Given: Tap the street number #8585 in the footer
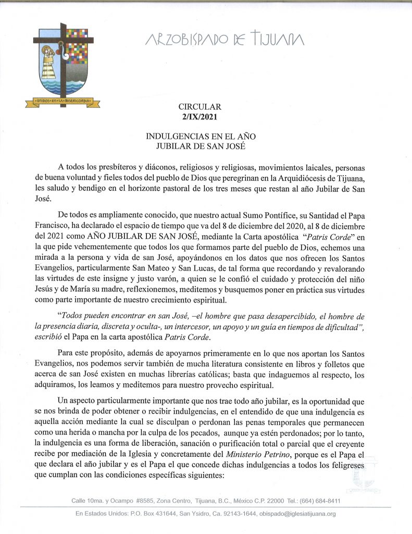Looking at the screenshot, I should [x=146, y=501].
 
